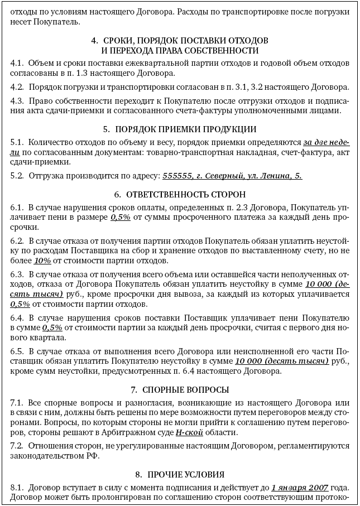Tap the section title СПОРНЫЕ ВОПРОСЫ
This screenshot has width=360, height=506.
[x=180, y=389]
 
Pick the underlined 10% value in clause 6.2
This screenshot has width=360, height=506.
[x=42, y=261]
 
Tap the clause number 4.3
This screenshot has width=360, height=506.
[x=17, y=100]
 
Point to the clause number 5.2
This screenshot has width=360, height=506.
[x=17, y=175]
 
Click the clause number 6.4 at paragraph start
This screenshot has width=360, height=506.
[x=17, y=317]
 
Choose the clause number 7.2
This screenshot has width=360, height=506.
[x=17, y=446]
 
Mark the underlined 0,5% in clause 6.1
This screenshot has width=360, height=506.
[x=121, y=217]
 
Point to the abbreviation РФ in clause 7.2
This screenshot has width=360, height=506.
[x=92, y=456]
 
